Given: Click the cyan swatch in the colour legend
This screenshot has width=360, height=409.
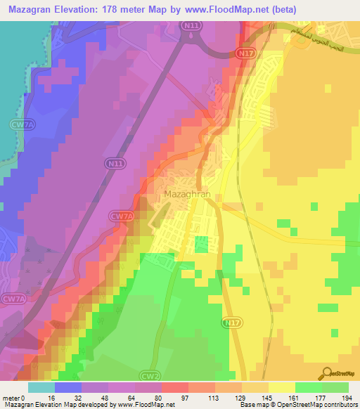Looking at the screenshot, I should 41,387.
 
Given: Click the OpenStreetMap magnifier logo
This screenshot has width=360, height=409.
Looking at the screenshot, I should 328,373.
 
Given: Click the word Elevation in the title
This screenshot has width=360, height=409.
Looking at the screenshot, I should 72,9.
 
